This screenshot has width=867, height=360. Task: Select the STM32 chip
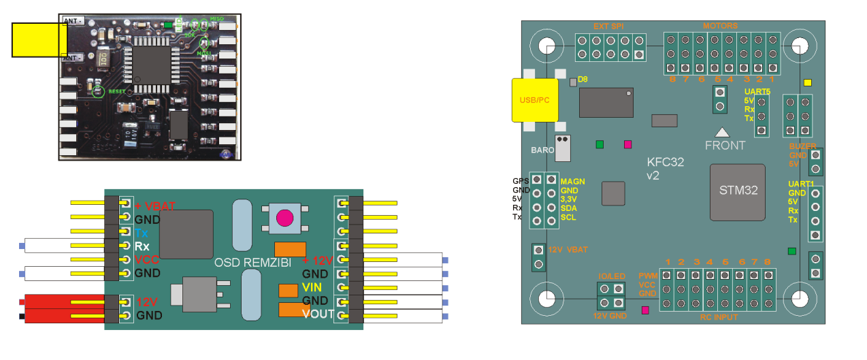click(x=738, y=190)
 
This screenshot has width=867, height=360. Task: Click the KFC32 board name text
click(x=665, y=162)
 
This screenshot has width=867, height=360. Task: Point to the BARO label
click(x=542, y=148)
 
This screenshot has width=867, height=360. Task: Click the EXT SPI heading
click(x=609, y=27)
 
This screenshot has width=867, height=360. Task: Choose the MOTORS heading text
click(x=721, y=27)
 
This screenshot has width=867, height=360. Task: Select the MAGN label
click(x=572, y=182)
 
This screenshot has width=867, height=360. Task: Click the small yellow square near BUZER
click(x=808, y=84)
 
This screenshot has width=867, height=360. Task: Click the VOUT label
click(x=318, y=314)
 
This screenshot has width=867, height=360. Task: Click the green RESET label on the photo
click(x=117, y=91)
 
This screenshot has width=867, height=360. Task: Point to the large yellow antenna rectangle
click(x=38, y=39)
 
